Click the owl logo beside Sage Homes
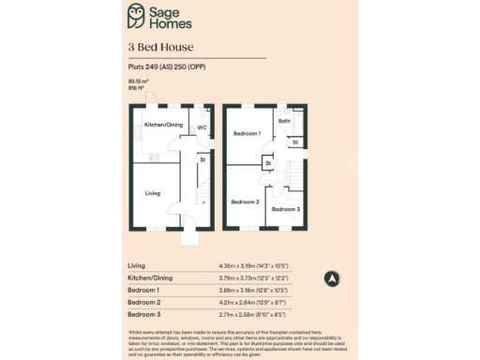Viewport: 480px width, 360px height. click(138, 15)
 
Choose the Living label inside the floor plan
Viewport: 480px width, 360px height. click(152, 194)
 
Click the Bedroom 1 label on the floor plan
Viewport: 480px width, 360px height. click(247, 134)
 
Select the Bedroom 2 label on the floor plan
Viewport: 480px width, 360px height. click(245, 202)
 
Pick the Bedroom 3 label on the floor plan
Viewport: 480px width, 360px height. click(286, 208)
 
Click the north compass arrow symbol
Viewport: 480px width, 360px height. click(330, 278)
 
